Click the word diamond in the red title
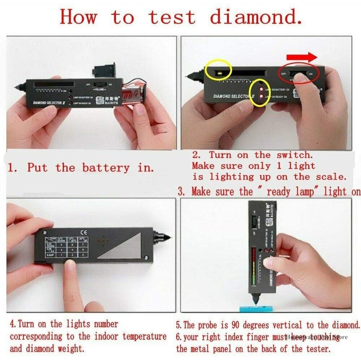[x=256, y=17]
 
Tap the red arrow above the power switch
[x=302, y=57]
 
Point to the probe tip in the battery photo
[x=18, y=87]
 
